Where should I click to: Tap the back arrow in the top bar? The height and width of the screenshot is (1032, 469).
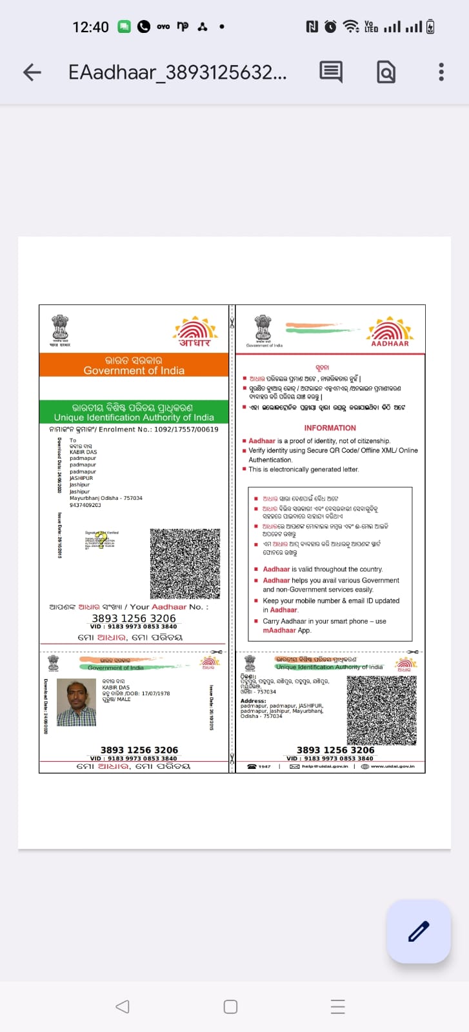(32, 72)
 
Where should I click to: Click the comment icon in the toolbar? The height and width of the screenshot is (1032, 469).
(331, 72)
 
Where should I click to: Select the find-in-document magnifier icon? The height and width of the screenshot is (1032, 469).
(386, 72)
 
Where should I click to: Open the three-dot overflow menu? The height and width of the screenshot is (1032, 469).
(441, 72)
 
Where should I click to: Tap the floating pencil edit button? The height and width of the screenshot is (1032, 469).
(418, 931)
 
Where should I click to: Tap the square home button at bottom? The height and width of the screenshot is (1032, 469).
(230, 1007)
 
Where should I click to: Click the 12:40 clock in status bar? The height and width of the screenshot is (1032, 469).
(90, 27)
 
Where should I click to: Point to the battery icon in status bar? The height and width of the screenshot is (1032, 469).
(430, 26)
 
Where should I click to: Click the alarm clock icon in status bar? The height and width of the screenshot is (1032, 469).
(330, 26)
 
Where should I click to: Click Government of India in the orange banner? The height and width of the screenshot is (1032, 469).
(134, 371)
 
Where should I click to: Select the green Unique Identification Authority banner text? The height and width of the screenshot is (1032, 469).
(134, 417)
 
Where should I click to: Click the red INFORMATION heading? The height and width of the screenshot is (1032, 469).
(330, 428)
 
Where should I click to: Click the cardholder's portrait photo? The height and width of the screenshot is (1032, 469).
(76, 702)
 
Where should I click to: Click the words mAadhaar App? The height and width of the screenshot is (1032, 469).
(286, 630)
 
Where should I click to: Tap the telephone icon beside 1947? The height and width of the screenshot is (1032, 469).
(252, 766)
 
